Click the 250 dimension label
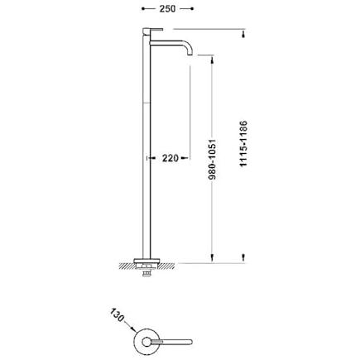point(167,8)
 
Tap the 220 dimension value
point(170,158)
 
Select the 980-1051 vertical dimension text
point(213,160)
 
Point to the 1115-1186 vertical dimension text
point(243,144)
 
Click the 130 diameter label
point(117,314)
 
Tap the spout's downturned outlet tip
point(190,54)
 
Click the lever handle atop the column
point(153,29)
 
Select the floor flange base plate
point(146,260)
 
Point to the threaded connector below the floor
point(146,273)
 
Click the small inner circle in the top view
point(146,342)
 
